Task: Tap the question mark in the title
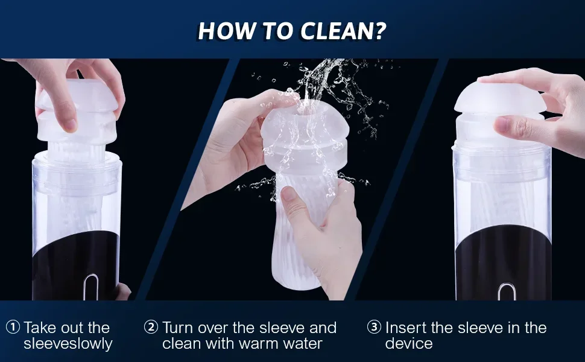click(x=379, y=31)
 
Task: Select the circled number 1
click(x=13, y=327)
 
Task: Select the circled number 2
click(x=151, y=327)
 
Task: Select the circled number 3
click(x=374, y=327)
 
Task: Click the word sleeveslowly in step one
click(x=68, y=344)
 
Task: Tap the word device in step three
click(x=409, y=344)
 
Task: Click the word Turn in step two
click(x=178, y=328)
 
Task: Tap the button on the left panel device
click(x=91, y=287)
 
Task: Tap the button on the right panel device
click(x=506, y=292)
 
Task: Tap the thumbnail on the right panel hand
click(x=501, y=125)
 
